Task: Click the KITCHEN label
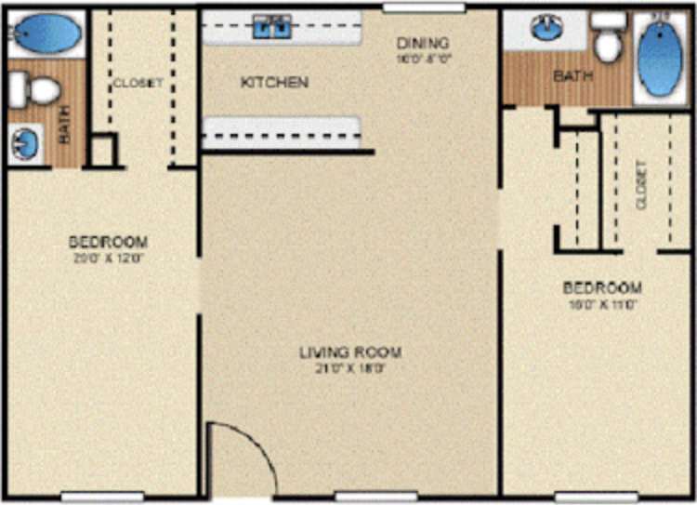274,83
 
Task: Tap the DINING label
423,43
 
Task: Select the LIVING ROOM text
350,352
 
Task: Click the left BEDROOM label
108,242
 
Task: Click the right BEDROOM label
602,287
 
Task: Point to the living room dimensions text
350,368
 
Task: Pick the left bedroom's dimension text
108,258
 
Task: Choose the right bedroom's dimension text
602,303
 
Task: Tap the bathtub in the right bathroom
661,57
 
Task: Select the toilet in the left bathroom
34,90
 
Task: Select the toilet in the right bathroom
609,40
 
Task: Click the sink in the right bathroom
546,29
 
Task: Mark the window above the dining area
424,8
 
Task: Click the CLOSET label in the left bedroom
138,83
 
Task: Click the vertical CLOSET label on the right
640,183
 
